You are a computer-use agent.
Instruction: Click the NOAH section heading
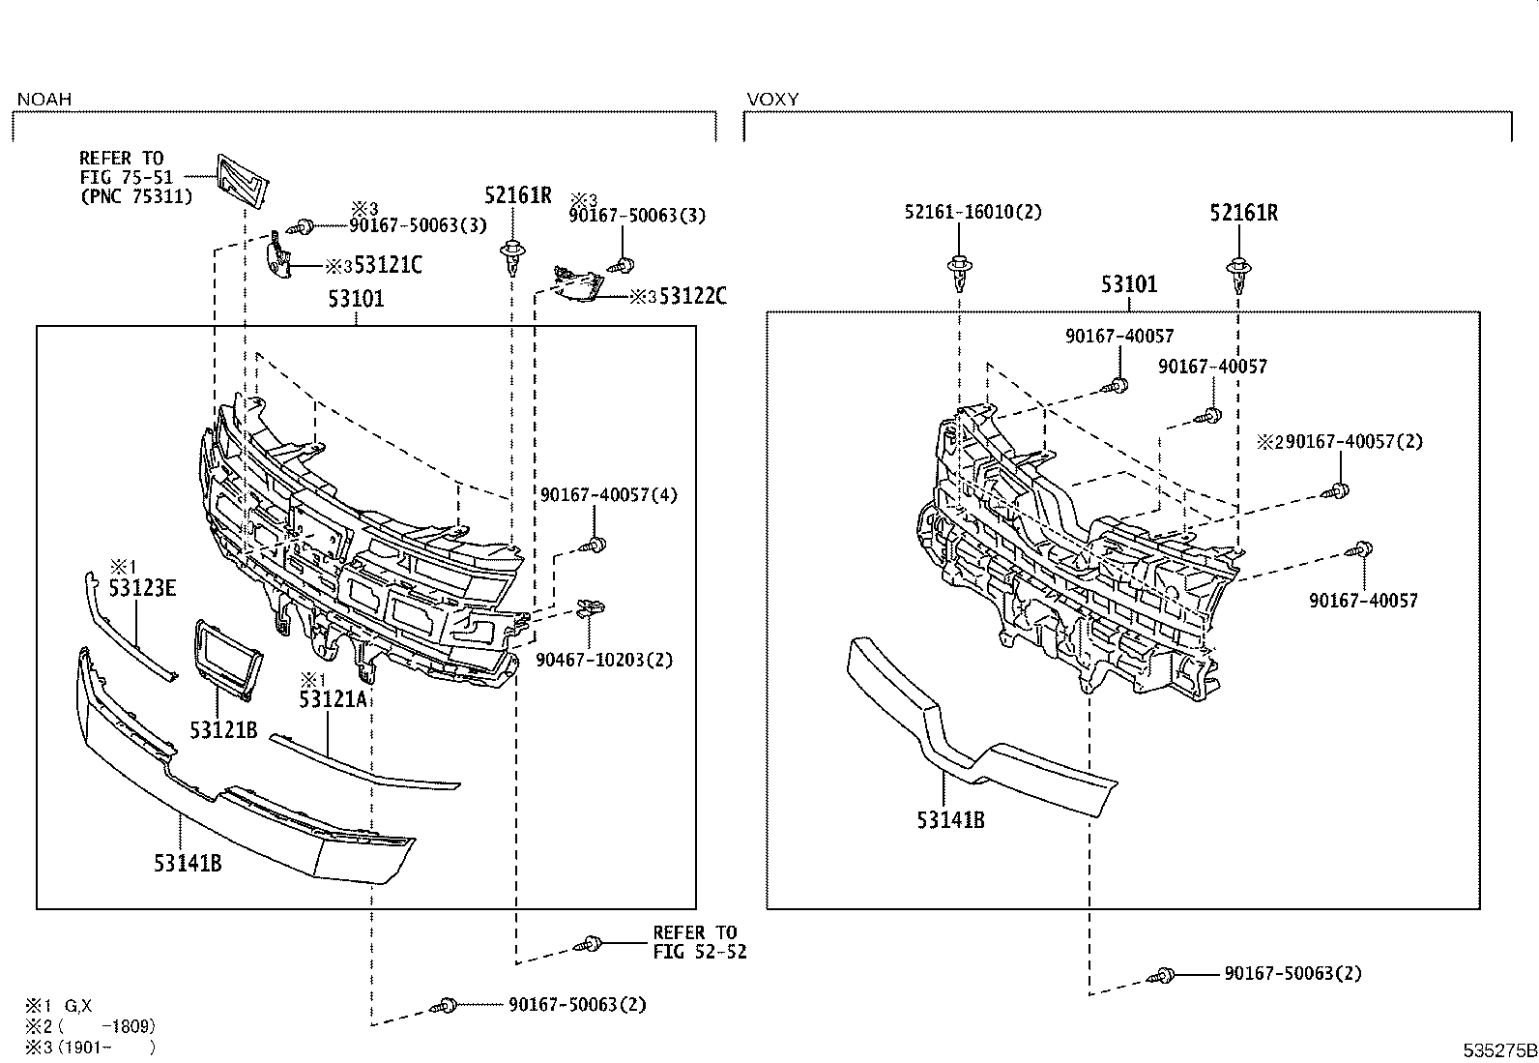click(44, 100)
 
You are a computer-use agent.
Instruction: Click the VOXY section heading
click(772, 100)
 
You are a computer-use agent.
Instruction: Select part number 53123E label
click(142, 587)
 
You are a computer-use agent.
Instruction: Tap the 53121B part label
click(223, 730)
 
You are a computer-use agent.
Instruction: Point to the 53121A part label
click(334, 699)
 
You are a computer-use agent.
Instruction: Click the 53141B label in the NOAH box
click(188, 863)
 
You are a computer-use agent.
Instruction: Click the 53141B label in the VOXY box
click(950, 820)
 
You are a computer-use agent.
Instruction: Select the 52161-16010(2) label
click(973, 212)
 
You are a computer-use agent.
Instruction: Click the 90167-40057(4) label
click(609, 494)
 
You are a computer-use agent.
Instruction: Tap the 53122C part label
click(692, 297)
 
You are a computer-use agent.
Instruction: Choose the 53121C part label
click(388, 265)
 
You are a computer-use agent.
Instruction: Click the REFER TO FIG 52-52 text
click(699, 942)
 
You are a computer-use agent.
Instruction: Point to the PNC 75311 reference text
click(135, 196)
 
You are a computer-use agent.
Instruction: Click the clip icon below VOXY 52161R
click(1238, 274)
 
